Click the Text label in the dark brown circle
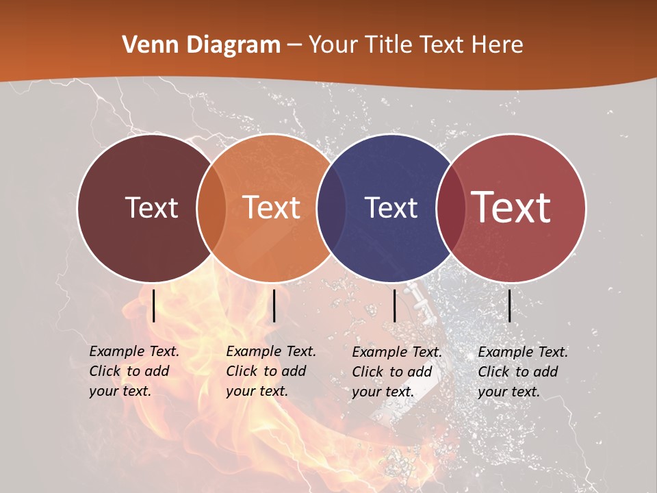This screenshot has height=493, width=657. coord(151,207)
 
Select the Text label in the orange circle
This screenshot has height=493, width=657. coord(272,207)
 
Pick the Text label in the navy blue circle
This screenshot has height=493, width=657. coord(391,207)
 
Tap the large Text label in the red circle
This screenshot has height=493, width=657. coord(511,207)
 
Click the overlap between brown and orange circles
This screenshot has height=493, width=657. coord(211,207)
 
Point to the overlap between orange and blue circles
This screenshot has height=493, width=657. coord(331,207)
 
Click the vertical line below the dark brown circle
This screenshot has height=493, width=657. coord(154,305)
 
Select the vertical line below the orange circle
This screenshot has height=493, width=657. coord(274,305)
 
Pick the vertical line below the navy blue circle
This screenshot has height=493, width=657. coord(394,305)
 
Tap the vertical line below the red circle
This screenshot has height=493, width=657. coord(509,305)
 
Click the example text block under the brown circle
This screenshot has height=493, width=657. coord(134,371)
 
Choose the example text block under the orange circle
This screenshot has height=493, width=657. coord(271,371)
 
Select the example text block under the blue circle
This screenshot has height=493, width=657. coord(397,372)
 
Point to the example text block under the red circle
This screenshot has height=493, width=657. coord(523,372)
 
